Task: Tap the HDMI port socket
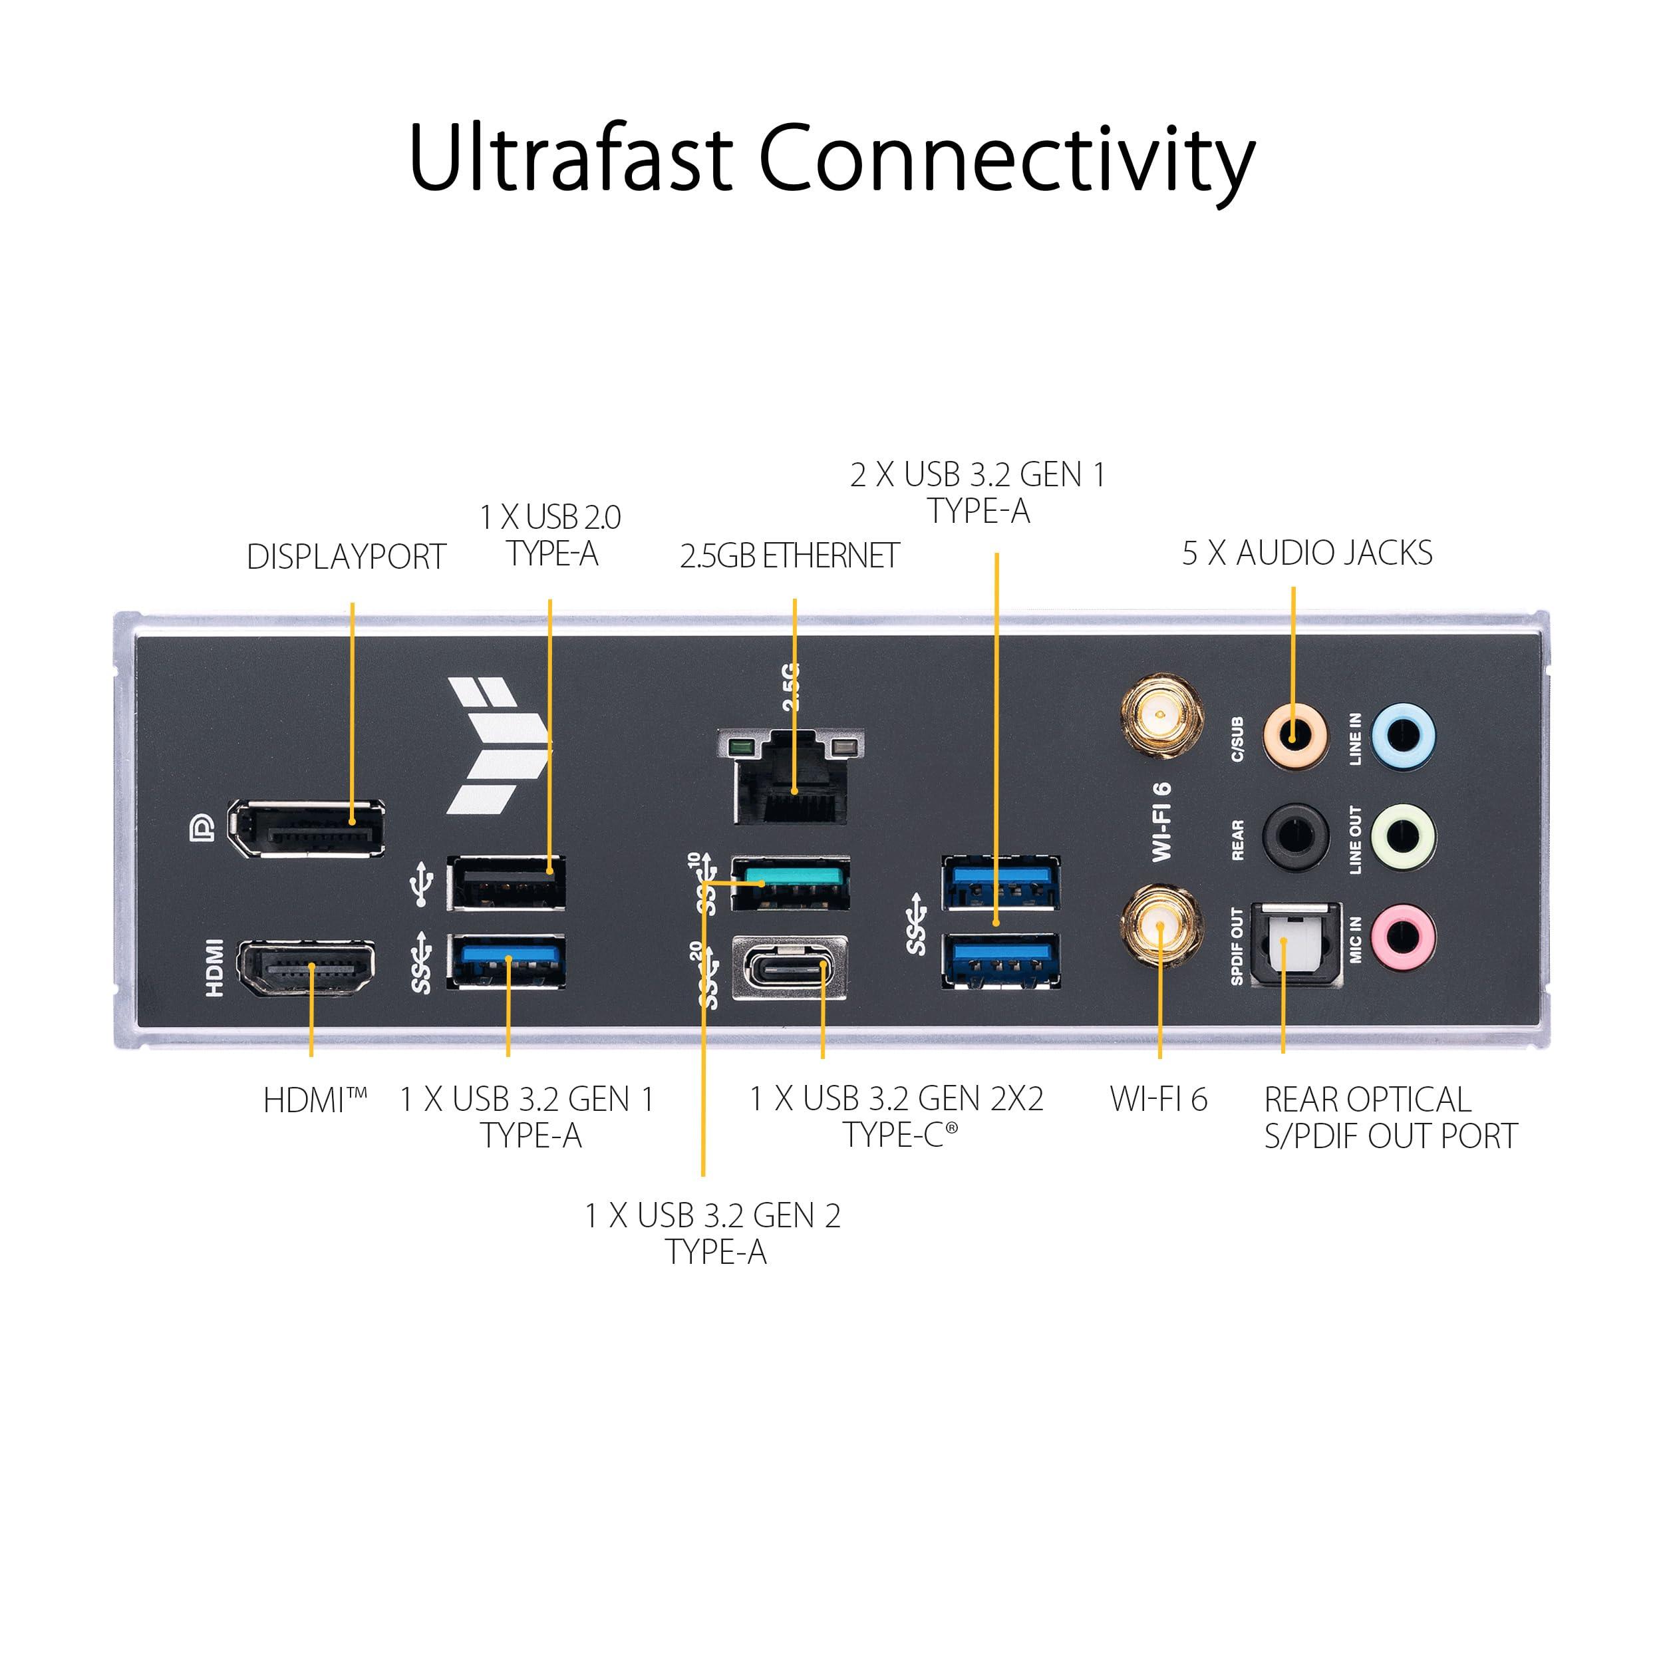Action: (307, 969)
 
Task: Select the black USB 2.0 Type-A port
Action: (506, 882)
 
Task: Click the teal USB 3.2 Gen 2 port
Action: (790, 882)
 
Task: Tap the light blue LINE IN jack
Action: (1402, 736)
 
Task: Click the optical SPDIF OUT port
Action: (1295, 945)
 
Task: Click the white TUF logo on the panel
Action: (498, 746)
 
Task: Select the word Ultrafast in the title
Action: (570, 159)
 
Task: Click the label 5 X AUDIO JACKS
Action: (1306, 553)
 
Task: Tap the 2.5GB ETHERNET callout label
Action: (790, 556)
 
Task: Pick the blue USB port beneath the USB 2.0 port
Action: (506, 960)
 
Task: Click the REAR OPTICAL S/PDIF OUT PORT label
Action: (1390, 1118)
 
